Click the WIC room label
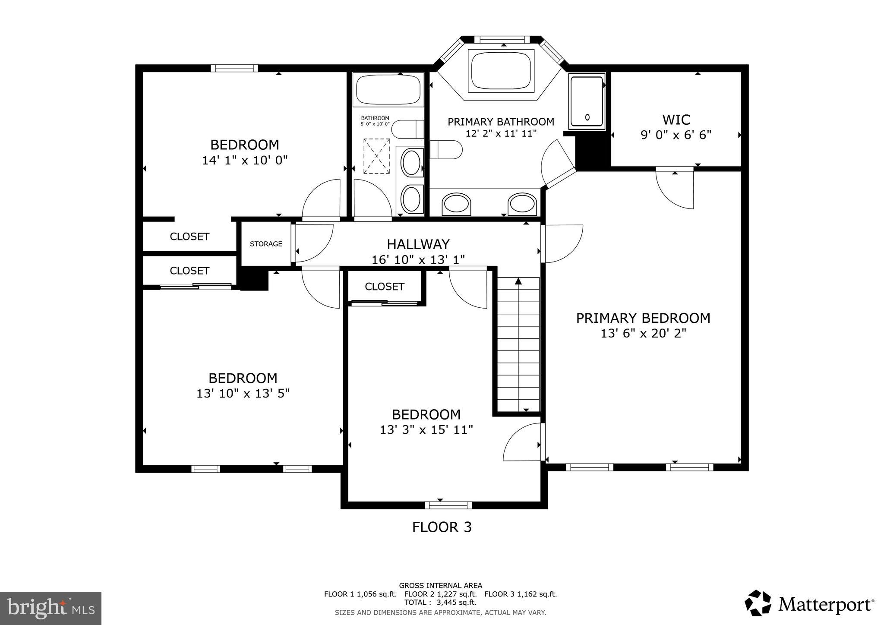(676, 120)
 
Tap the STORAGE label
(266, 244)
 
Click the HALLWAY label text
(418, 244)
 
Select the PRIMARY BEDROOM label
(643, 318)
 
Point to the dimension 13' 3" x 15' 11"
(426, 430)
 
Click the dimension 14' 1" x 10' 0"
(245, 161)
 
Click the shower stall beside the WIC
(587, 101)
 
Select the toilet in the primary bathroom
(446, 149)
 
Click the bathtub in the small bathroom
(388, 89)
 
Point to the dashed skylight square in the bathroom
(376, 156)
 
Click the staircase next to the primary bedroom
(518, 345)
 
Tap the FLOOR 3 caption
(442, 527)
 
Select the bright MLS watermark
(51, 608)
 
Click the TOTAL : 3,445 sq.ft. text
(440, 602)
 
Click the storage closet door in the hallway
(313, 243)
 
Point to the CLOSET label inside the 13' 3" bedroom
(384, 287)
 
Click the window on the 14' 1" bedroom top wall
(234, 68)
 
